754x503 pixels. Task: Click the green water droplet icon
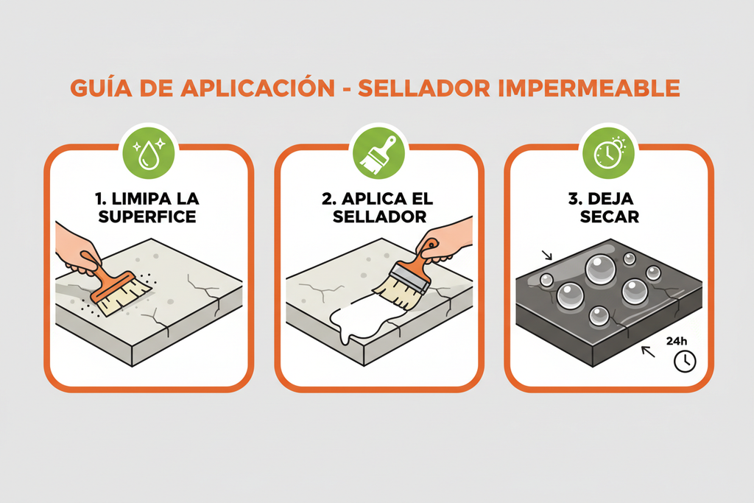[x=149, y=153]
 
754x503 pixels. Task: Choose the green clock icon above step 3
[x=608, y=153]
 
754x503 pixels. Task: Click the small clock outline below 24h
[x=685, y=361]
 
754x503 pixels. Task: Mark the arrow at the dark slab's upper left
[x=546, y=256]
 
